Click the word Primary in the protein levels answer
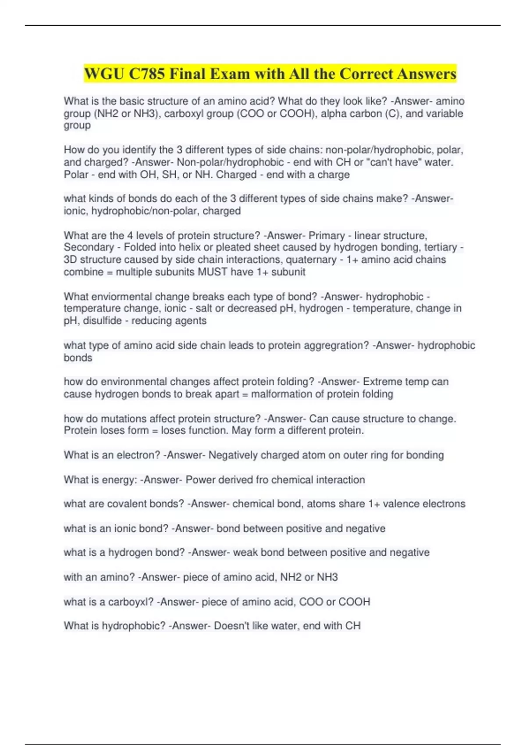coord(327,235)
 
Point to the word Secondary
coord(89,247)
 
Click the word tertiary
coord(440,247)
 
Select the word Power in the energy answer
coord(200,480)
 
